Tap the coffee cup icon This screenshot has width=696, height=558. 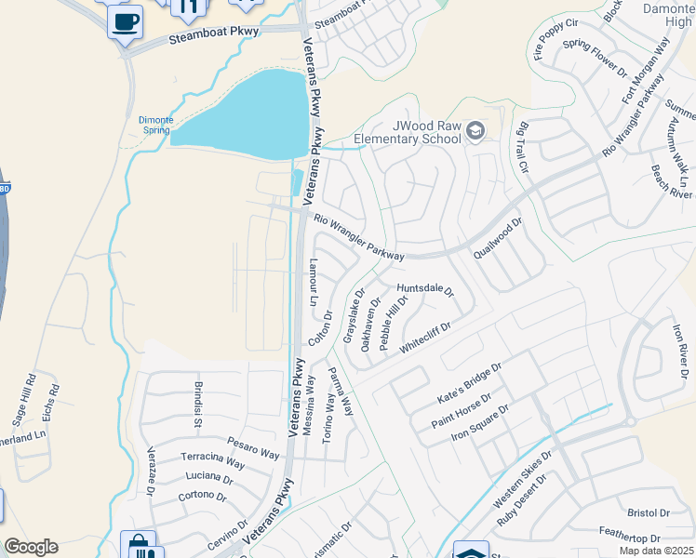(x=125, y=20)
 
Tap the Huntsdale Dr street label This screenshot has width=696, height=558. (x=424, y=290)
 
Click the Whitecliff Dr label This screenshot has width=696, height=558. (x=425, y=337)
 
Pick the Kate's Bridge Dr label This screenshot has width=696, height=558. (x=469, y=384)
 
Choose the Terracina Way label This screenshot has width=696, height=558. (x=212, y=463)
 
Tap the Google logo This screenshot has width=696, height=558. (x=30, y=547)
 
